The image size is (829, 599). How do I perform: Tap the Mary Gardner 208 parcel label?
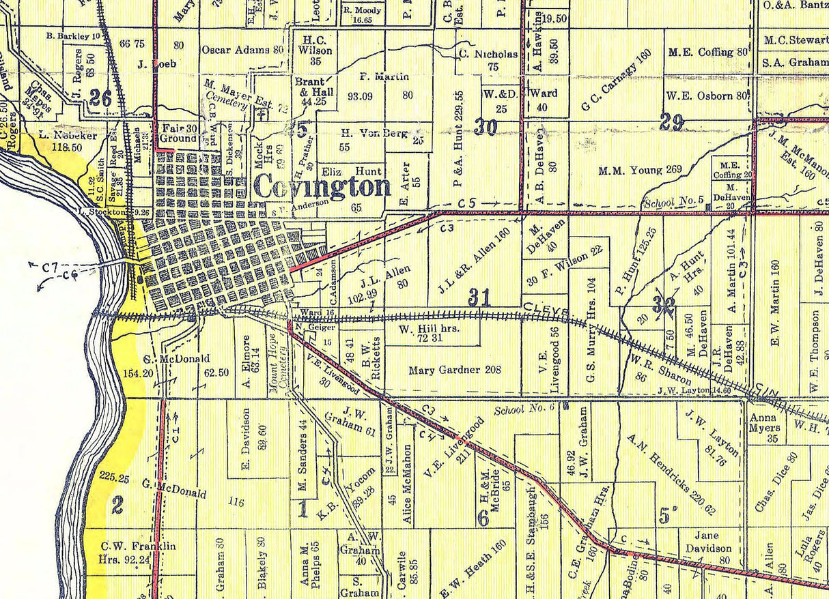pyautogui.click(x=455, y=370)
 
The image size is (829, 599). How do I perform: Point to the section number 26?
pyautogui.click(x=100, y=98)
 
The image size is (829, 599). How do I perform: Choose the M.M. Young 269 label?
pyautogui.click(x=639, y=170)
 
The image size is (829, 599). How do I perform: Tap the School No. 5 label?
pyautogui.click(x=673, y=201)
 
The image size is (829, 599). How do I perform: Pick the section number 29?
pyautogui.click(x=672, y=122)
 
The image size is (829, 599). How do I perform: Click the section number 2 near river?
pyautogui.click(x=117, y=506)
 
